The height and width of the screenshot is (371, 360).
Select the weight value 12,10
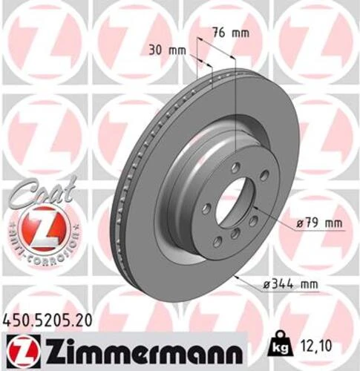pyautogui.click(x=322, y=345)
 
